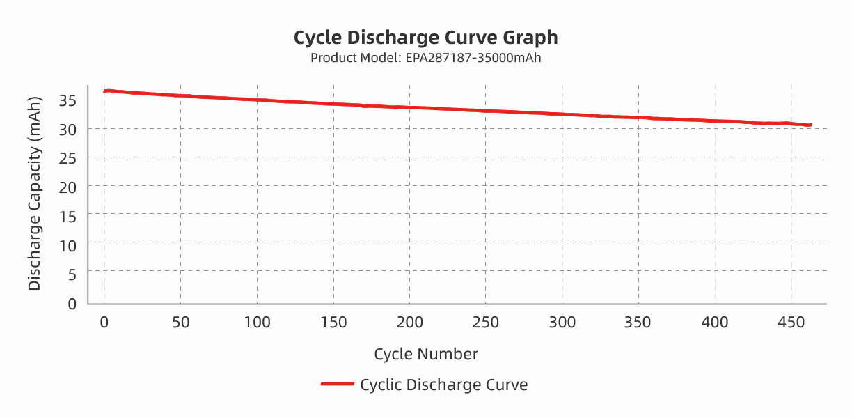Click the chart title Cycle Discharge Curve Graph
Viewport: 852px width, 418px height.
pyautogui.click(x=425, y=37)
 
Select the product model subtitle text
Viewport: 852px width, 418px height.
pyautogui.click(x=425, y=58)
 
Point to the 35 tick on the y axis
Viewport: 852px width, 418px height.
pyautogui.click(x=67, y=100)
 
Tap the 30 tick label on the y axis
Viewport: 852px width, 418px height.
pyautogui.click(x=67, y=129)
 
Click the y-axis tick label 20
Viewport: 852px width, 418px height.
pyautogui.click(x=67, y=186)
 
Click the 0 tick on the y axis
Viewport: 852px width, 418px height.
pyautogui.click(x=71, y=303)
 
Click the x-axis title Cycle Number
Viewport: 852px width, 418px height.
pyautogui.click(x=425, y=354)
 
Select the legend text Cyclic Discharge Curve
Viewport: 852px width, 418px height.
pyautogui.click(x=443, y=385)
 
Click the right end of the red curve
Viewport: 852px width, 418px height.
pyautogui.click(x=811, y=125)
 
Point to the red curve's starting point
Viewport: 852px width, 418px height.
pyautogui.click(x=104, y=91)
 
